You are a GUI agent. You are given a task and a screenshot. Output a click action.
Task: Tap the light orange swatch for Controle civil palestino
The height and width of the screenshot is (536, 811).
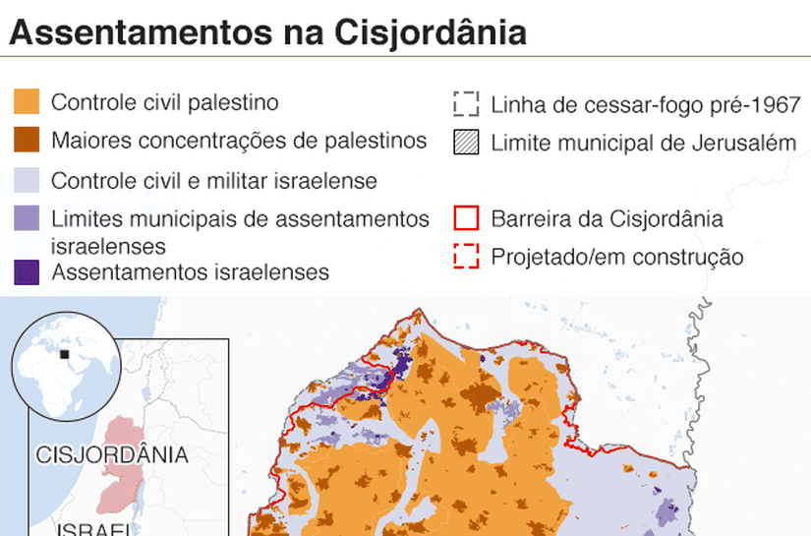[27, 103]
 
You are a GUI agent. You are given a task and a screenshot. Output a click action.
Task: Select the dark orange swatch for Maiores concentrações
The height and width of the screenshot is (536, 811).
[27, 141]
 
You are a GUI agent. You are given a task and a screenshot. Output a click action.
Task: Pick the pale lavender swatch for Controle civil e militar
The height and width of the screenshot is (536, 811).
[27, 181]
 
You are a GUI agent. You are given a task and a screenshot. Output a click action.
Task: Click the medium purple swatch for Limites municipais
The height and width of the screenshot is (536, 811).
[27, 218]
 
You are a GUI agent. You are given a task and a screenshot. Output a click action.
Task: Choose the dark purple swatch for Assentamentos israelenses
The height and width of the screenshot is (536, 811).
[27, 271]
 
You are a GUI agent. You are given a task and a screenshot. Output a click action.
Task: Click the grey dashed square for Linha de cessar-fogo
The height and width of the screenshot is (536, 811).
[466, 104]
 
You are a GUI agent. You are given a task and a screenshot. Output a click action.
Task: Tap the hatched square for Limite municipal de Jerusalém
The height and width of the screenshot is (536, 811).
[466, 143]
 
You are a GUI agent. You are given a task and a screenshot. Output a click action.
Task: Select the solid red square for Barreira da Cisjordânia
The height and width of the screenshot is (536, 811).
[466, 218]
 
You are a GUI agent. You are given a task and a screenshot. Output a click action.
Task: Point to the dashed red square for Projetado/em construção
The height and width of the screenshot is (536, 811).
[466, 258]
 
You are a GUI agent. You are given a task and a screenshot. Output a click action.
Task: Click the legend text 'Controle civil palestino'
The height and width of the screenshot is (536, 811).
[164, 103]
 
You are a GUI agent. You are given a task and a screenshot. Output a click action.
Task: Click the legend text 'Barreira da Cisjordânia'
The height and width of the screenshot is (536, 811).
[607, 218]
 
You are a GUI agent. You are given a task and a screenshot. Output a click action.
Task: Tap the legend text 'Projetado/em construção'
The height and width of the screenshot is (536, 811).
[616, 258]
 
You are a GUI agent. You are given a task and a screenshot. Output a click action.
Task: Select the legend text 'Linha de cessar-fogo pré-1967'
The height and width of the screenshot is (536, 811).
[645, 104]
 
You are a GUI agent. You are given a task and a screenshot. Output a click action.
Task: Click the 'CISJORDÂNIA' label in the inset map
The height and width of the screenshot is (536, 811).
[111, 455]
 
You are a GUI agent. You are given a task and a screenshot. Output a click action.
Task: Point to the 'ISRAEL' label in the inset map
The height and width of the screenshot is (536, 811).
[94, 529]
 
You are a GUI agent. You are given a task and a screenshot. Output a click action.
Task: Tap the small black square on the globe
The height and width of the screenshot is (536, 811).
[65, 354]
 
